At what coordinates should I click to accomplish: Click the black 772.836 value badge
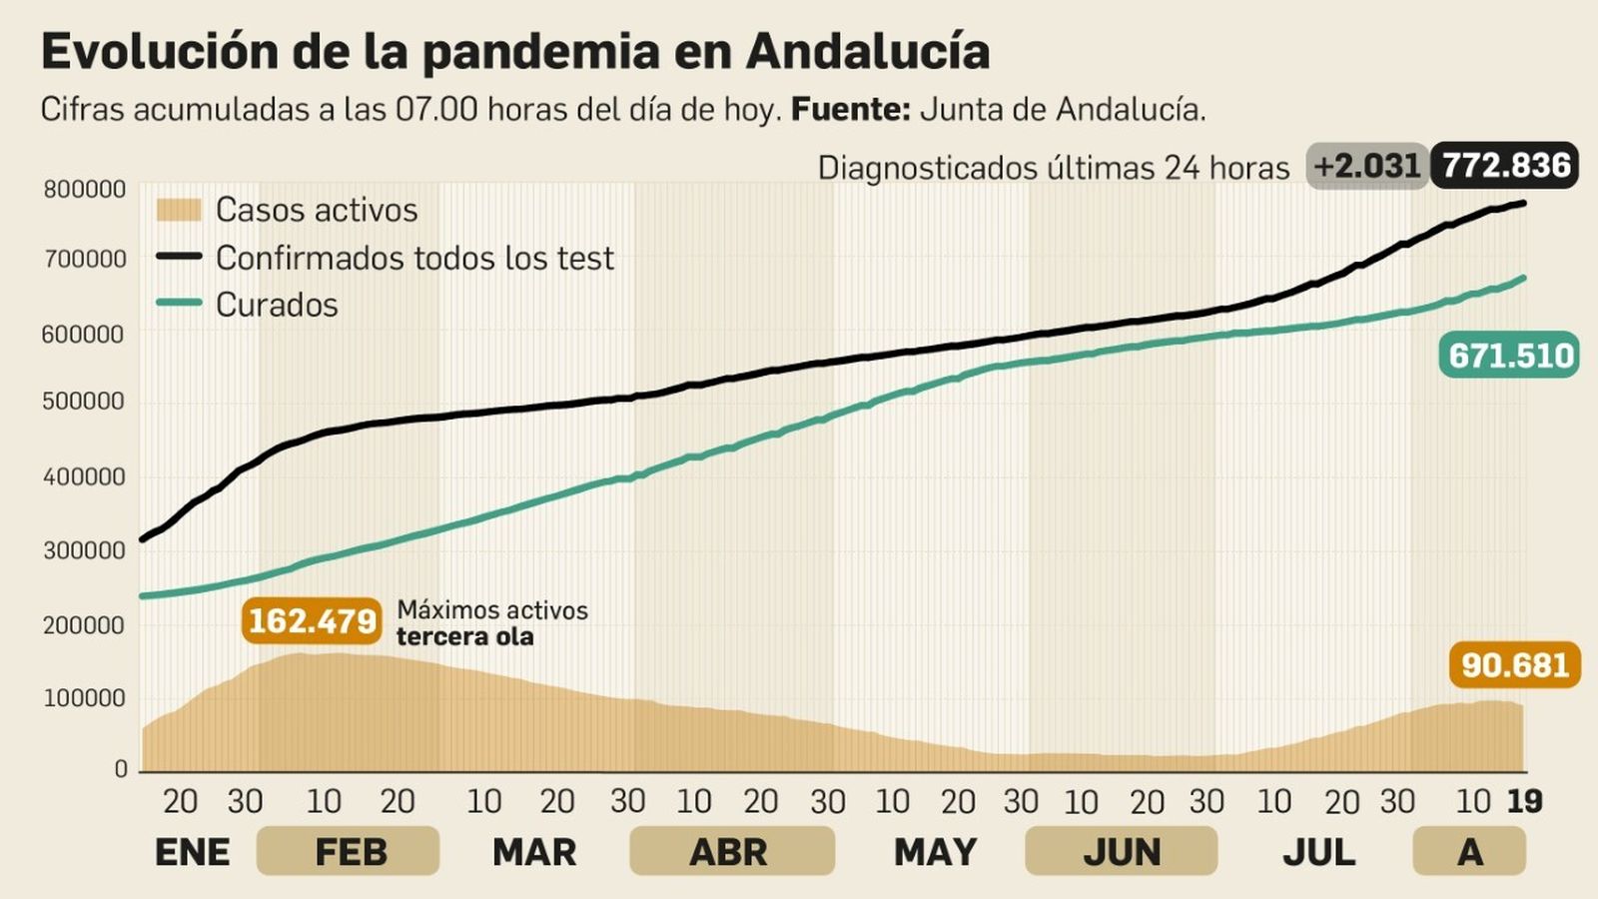pyautogui.click(x=1505, y=166)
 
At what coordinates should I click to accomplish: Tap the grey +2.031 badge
pyautogui.click(x=1366, y=166)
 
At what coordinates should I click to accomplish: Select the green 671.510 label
pyautogui.click(x=1509, y=356)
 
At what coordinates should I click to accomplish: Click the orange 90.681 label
pyautogui.click(x=1514, y=665)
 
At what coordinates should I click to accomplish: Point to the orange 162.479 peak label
pyautogui.click(x=312, y=621)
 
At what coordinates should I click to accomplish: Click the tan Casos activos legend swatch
pyautogui.click(x=179, y=210)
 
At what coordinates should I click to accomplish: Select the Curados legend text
pyautogui.click(x=277, y=305)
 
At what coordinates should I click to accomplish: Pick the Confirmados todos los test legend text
pyautogui.click(x=414, y=258)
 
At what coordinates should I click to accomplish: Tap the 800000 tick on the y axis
pyautogui.click(x=84, y=190)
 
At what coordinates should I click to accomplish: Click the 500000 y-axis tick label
pyautogui.click(x=84, y=402)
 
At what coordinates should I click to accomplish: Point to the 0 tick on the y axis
pyautogui.click(x=121, y=769)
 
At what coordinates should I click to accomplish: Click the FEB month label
pyautogui.click(x=350, y=852)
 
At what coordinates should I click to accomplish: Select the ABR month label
pyautogui.click(x=729, y=852)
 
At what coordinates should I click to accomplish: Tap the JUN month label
pyautogui.click(x=1122, y=852)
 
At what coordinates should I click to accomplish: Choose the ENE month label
pyautogui.click(x=192, y=852)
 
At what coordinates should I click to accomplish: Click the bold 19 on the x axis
pyautogui.click(x=1524, y=801)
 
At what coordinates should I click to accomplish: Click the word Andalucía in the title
pyautogui.click(x=867, y=52)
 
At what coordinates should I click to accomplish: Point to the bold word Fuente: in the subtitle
pyautogui.click(x=850, y=109)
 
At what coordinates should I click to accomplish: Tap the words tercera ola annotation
pyautogui.click(x=464, y=637)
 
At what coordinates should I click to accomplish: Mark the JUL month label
pyautogui.click(x=1318, y=852)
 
